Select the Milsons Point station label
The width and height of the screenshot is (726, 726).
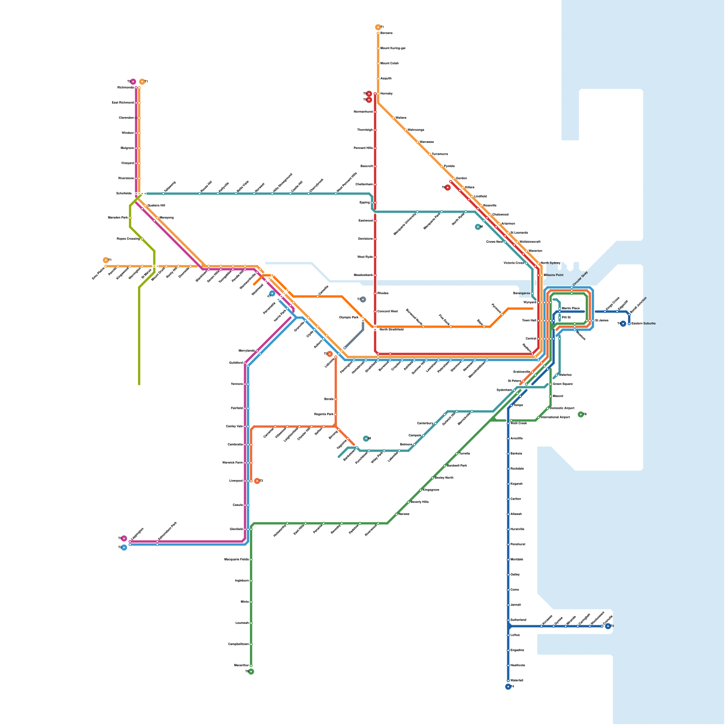coord(553,275)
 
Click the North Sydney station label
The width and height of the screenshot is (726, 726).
coord(550,263)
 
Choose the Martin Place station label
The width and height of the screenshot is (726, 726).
coord(571,308)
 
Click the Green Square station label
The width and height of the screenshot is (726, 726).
coord(563,384)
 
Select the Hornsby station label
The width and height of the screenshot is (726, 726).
coord(387,93)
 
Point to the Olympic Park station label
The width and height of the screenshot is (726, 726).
coord(348,317)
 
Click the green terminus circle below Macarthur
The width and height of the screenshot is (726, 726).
coord(251,672)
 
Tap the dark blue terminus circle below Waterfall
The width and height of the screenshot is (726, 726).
coord(508,687)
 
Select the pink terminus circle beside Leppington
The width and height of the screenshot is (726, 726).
coord(124,539)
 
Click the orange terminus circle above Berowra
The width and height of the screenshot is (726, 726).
coord(378,27)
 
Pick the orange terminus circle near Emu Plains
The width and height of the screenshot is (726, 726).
coord(106,260)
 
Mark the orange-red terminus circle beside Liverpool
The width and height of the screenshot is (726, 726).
coord(257,481)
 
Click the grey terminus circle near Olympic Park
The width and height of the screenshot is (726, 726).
coord(363,299)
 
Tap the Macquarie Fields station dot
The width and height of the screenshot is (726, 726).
coord(251,559)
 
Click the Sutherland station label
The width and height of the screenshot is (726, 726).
coord(518,620)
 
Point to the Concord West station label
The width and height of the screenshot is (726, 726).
coord(388,311)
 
